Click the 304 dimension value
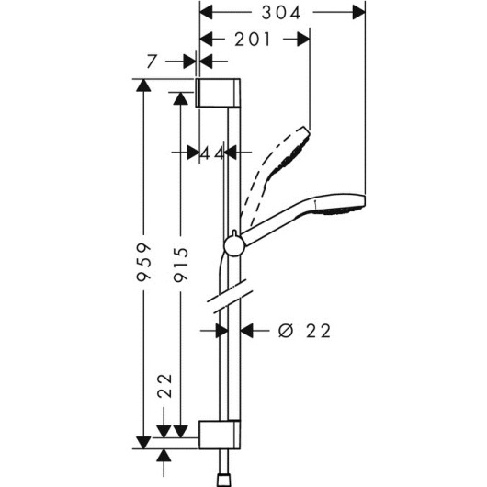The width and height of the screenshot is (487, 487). (x=281, y=13)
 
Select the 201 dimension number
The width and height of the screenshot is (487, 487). (x=252, y=40)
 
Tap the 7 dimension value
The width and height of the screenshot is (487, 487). (x=152, y=62)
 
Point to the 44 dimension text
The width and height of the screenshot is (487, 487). (x=212, y=153)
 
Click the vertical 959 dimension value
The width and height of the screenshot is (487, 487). (x=143, y=263)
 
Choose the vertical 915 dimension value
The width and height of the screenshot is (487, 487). (x=181, y=265)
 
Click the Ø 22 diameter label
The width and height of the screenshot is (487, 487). (x=304, y=331)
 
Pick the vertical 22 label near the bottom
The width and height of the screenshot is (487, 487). (x=164, y=386)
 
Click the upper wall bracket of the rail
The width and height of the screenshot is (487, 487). (x=218, y=93)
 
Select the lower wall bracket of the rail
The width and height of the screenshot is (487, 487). (x=220, y=435)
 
